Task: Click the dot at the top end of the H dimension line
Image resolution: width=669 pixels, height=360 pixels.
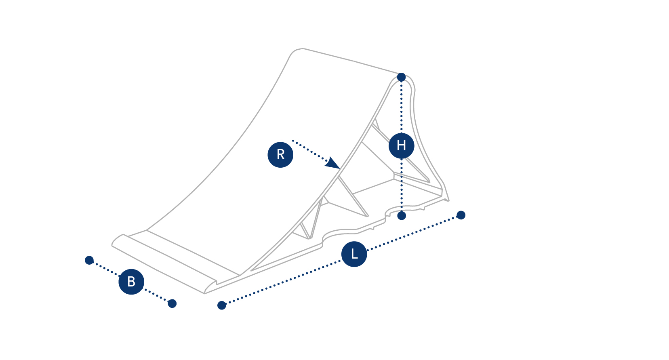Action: (x=402, y=77)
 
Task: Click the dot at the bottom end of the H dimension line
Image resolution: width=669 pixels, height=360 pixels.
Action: (x=402, y=215)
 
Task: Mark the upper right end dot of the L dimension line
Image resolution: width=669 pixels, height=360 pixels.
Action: (x=461, y=215)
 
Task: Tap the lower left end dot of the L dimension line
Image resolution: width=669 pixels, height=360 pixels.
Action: (x=222, y=305)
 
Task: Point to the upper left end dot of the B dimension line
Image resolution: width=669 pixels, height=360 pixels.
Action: (x=89, y=260)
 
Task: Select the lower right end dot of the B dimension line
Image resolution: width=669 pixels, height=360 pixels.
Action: (x=172, y=303)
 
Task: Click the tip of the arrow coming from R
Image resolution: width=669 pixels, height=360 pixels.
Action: (x=340, y=169)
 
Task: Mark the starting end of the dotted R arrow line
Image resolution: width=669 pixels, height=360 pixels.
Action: (x=293, y=140)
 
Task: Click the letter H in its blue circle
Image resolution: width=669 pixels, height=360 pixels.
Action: (x=402, y=146)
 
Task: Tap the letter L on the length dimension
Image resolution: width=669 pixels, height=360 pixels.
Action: (x=354, y=254)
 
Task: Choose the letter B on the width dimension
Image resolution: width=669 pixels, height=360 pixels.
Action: (x=131, y=282)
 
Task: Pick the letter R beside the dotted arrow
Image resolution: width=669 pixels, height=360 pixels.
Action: (x=280, y=154)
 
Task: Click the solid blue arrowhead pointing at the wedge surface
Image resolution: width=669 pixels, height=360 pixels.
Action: (x=332, y=163)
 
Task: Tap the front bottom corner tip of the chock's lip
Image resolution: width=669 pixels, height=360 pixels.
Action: (x=204, y=293)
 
